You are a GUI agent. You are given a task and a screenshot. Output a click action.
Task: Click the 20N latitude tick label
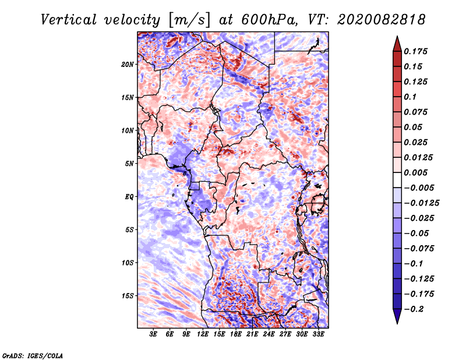(x=128, y=64)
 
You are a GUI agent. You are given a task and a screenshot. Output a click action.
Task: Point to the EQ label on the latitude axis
(x=129, y=197)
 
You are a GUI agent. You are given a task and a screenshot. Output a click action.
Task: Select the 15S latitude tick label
(x=128, y=296)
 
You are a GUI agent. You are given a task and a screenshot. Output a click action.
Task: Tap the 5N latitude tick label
(x=129, y=164)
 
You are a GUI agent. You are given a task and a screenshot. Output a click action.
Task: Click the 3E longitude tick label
(x=153, y=334)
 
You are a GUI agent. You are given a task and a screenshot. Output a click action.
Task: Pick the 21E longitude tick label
(x=252, y=334)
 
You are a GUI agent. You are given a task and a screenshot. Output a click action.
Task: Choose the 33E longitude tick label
(x=318, y=334)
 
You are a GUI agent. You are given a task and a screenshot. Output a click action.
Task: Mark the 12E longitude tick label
(x=203, y=334)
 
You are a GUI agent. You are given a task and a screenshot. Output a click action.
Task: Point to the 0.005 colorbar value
(x=417, y=172)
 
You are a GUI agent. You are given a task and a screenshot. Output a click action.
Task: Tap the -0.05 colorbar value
(x=417, y=233)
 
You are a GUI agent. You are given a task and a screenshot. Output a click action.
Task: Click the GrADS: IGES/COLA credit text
(x=32, y=355)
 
